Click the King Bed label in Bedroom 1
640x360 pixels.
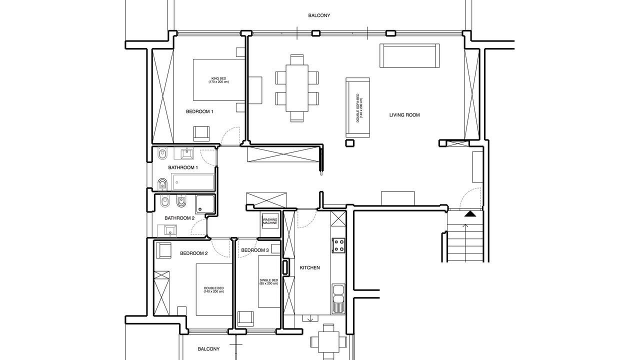coord(218,80)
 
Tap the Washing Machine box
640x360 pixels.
coord(270,221)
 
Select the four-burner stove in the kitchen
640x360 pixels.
coord(338,245)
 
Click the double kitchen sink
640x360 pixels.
coord(338,298)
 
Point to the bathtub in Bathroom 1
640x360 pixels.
coord(193,182)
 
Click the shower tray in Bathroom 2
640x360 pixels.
coord(205,204)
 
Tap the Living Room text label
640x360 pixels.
coord(404,115)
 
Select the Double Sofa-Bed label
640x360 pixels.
coord(359,108)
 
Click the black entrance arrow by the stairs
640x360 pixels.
coord(469,213)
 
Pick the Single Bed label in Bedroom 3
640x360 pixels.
coord(268,282)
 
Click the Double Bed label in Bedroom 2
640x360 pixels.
coord(213,290)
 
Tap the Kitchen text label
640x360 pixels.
coord(309,268)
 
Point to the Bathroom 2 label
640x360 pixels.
coord(179,218)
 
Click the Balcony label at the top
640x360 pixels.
coord(319,15)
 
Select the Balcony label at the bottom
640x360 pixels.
coord(208,349)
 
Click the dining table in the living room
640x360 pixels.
coord(297,88)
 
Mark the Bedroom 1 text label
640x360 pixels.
coord(199,111)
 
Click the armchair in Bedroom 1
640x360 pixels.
coord(201,133)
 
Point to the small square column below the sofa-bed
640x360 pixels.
coord(349,143)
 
